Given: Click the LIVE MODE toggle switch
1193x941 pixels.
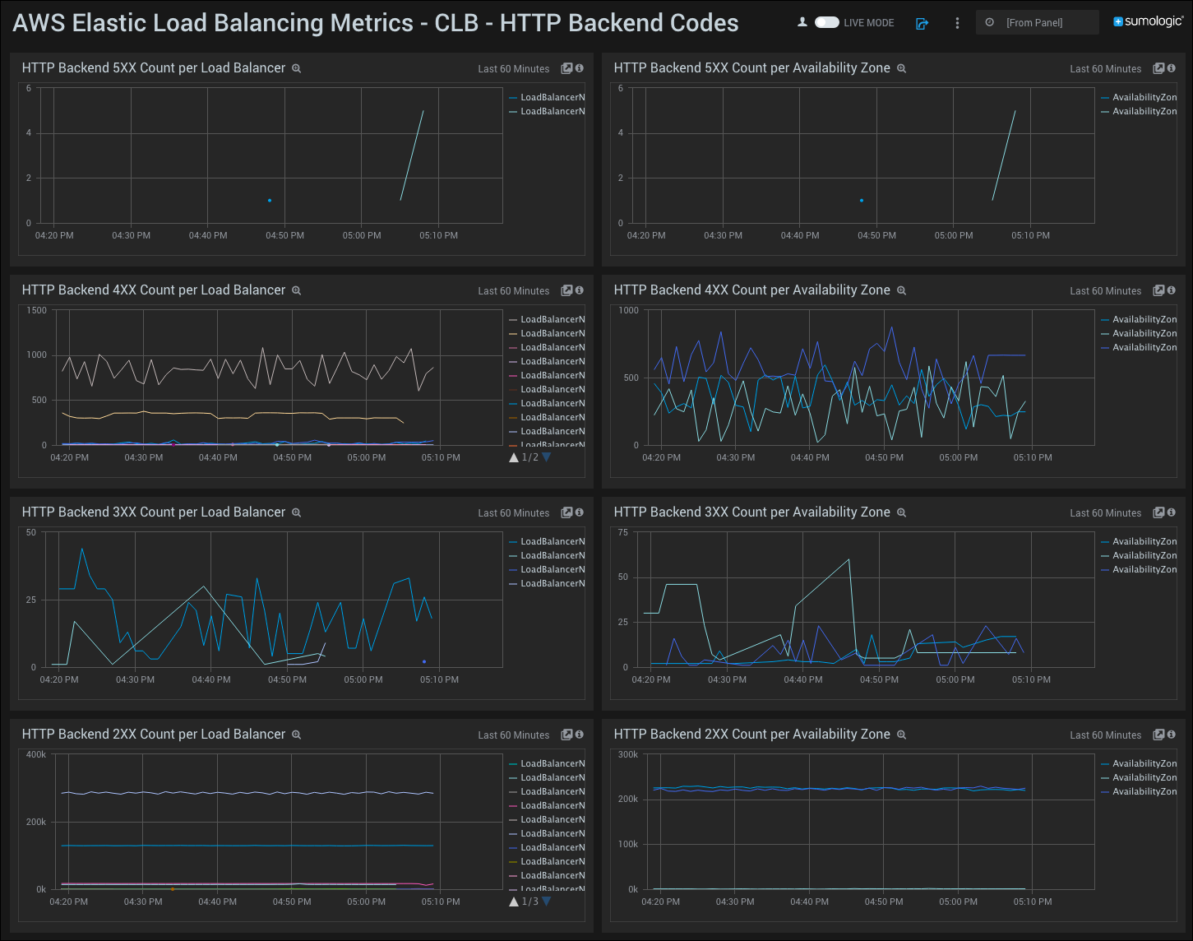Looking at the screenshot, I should coord(826,22).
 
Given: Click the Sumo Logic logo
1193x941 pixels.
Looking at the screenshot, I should coord(1148,21).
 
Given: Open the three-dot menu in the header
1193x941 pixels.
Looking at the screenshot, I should coord(957,23).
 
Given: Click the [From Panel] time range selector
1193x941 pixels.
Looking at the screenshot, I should coord(1036,22).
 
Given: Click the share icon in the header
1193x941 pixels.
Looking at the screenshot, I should coord(922,23).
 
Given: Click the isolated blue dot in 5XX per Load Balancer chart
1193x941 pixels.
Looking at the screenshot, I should coord(270,200).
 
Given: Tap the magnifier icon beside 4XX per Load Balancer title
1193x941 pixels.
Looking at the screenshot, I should coord(297,290).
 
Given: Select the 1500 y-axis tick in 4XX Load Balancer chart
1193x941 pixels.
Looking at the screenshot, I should coord(37,310).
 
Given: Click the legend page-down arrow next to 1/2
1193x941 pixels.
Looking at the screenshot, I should coord(547,457).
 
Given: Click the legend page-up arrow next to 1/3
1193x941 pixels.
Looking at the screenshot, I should coord(514,902).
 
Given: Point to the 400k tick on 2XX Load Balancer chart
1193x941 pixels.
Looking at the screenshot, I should coord(36,754).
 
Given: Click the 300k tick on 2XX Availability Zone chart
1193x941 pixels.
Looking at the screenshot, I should coord(628,754).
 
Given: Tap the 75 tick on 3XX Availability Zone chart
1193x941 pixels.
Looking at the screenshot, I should coord(623,532).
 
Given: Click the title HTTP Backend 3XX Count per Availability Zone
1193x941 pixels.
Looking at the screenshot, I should coord(751,512).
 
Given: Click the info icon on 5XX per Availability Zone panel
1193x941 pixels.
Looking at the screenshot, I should coord(1172,68).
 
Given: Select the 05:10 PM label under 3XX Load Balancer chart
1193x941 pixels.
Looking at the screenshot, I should coord(439,679).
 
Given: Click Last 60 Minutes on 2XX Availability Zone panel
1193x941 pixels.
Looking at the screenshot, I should coord(1105,735).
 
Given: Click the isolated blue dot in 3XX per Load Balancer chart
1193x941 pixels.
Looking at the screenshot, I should coord(424,661).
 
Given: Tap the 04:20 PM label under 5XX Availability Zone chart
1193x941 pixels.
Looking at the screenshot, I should coord(646,235).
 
